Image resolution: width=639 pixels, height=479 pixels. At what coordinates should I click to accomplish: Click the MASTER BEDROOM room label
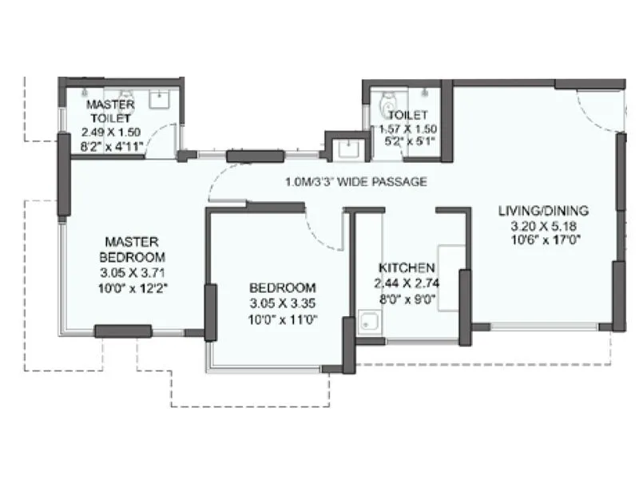132,249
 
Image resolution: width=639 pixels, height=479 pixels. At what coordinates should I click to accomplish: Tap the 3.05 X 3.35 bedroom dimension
282,303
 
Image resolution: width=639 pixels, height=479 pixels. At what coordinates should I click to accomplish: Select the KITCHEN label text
407,268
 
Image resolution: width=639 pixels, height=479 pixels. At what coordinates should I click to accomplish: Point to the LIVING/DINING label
543,211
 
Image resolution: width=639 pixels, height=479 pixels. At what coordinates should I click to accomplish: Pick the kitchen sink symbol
369,324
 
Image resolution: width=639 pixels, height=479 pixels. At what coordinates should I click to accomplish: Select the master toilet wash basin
159,99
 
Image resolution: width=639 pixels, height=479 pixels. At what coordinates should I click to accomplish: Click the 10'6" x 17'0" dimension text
543,239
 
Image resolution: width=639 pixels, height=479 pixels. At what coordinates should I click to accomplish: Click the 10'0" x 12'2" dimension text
132,286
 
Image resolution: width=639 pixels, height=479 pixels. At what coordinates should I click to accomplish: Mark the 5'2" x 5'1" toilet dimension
407,142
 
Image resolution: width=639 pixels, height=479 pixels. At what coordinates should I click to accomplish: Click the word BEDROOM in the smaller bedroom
282,287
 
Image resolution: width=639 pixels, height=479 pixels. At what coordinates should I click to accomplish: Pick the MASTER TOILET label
110,112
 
